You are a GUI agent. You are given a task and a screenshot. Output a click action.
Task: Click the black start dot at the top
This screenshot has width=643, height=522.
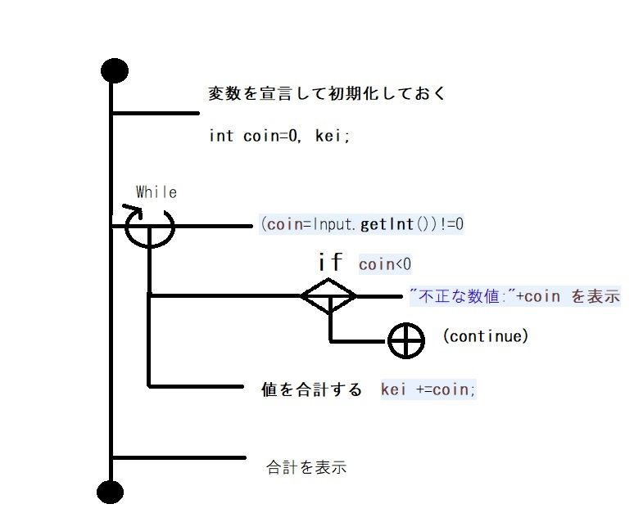113,71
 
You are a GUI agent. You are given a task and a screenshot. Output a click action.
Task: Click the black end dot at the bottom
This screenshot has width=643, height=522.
110,492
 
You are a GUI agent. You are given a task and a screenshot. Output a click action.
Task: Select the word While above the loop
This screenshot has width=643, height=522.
156,192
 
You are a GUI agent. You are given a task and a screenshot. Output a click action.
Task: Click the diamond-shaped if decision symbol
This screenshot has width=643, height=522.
328,295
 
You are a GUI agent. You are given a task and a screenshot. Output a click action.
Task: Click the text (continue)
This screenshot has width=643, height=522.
485,335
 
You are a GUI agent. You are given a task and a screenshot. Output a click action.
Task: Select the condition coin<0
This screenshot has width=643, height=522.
384,264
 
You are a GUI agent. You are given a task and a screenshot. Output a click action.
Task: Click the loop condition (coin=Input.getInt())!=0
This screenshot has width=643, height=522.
361,223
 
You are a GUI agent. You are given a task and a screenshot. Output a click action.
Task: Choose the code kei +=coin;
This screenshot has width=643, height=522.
428,389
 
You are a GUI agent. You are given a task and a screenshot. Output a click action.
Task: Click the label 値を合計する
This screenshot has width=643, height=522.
310,390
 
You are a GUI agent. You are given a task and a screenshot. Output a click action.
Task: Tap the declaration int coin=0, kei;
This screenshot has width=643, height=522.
279,136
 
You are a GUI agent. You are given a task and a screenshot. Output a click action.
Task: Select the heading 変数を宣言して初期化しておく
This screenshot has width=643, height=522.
327,93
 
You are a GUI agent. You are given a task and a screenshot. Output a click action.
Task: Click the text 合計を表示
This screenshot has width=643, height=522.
306,468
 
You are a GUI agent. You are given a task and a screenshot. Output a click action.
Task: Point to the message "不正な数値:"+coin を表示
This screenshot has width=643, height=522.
514,296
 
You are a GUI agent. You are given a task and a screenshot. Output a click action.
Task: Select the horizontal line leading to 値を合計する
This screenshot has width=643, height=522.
197,385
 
